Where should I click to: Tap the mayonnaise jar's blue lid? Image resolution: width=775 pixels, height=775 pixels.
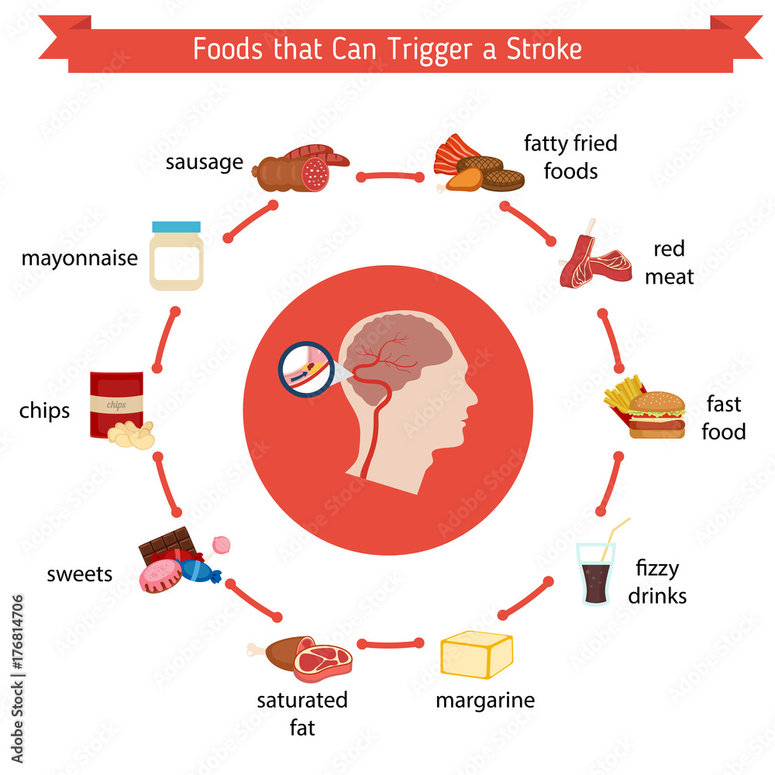[176, 227]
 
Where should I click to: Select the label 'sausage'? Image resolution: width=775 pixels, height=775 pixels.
[204, 163]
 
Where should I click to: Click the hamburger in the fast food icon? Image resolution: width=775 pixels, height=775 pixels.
[657, 416]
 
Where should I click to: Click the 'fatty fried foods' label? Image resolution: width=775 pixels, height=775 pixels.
[570, 156]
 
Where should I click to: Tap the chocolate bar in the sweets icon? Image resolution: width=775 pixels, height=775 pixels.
[165, 542]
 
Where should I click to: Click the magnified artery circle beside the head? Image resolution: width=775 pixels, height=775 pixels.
[304, 371]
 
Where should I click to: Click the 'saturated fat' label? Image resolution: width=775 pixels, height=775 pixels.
[302, 713]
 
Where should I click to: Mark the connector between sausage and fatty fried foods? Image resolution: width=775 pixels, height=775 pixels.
[390, 177]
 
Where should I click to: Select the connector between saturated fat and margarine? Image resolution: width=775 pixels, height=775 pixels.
[391, 642]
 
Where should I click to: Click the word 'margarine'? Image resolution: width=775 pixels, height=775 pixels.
[485, 701]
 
